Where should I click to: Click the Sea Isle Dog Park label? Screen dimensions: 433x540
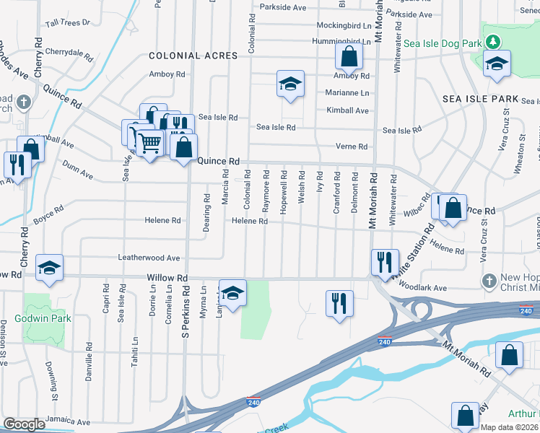pyautogui.click(x=442, y=43)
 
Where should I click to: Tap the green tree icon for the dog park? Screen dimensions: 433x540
pyautogui.click(x=494, y=42)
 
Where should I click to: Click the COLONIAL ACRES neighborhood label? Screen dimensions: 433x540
pyautogui.click(x=193, y=56)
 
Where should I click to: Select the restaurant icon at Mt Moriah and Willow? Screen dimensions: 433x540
pyautogui.click(x=384, y=261)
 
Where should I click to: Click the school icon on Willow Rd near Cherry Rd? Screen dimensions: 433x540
pyautogui.click(x=49, y=267)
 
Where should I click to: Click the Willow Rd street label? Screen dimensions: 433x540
pyautogui.click(x=167, y=278)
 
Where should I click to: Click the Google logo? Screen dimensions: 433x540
pyautogui.click(x=24, y=424)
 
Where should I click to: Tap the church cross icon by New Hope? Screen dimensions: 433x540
pyautogui.click(x=489, y=280)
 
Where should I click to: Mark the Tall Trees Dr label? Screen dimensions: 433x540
pyautogui.click(x=67, y=22)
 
